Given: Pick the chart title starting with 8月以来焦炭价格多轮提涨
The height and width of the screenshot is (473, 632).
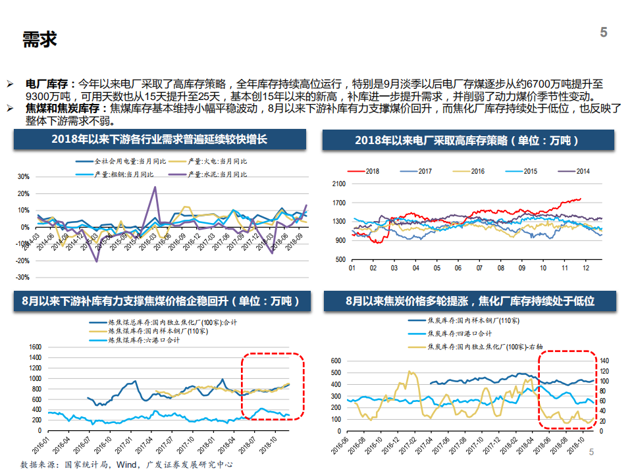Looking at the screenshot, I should pos(470,301).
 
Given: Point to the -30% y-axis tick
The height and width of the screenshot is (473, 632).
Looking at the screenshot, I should pos(23,278).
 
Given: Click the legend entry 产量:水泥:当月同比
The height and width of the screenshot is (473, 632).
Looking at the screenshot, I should pos(217,174).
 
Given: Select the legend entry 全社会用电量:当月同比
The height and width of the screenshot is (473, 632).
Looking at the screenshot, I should pos(125,161).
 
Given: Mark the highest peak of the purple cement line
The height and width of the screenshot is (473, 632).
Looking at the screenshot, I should pos(155,187).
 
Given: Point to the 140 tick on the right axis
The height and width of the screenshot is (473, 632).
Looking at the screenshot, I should pos(604,361).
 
